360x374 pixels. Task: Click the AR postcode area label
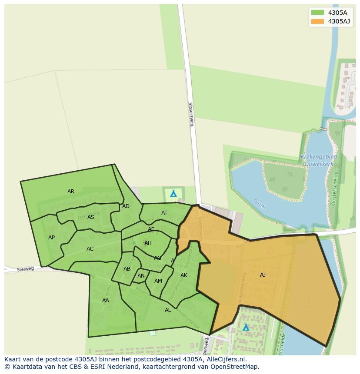[71, 192]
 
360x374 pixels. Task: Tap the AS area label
[91, 217]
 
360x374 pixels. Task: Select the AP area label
[52, 238]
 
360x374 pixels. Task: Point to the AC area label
[90, 249]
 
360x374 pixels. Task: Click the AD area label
[126, 206]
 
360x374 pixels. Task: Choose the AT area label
[164, 213]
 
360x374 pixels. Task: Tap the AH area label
[148, 243]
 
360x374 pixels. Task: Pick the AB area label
[127, 269]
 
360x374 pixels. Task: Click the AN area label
[141, 276]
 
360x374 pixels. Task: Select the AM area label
[158, 281]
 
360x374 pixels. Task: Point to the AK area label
[184, 275]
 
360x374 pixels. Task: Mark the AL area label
[168, 310]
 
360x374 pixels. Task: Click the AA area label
[106, 301]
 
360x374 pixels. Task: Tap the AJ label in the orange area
[263, 275]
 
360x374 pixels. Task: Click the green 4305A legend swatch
[318, 13]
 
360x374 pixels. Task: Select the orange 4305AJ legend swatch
[318, 21]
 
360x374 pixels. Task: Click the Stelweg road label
[25, 269]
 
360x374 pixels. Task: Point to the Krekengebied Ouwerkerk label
[319, 160]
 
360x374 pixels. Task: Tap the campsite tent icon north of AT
[173, 194]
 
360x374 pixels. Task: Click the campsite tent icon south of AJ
[246, 327]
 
